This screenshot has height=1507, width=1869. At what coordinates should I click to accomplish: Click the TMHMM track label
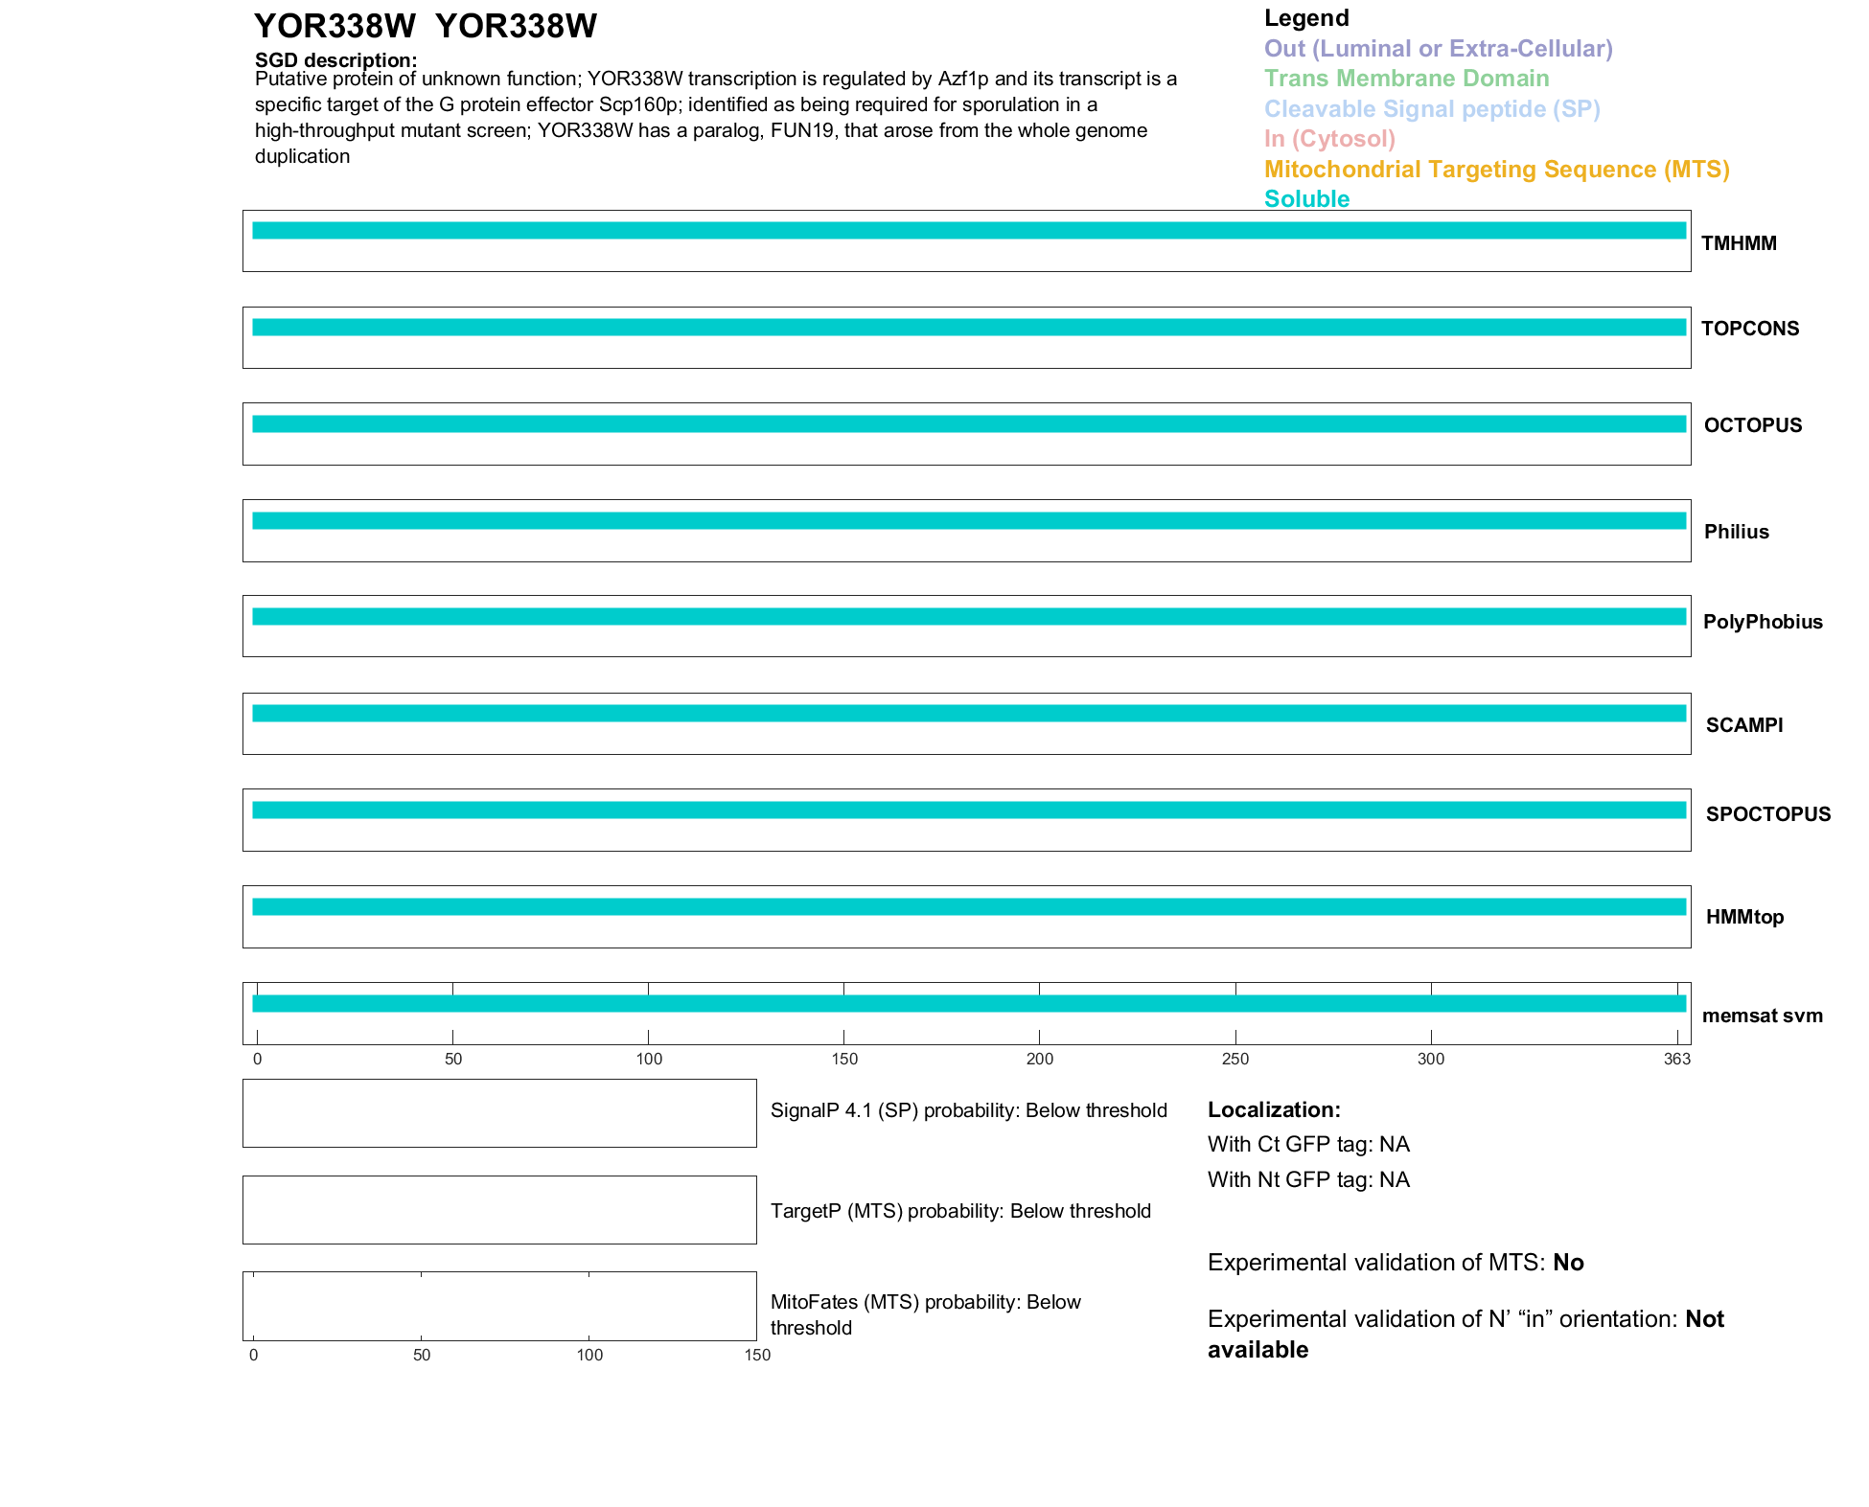click(1739, 243)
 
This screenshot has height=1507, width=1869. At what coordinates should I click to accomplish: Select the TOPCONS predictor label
click(1750, 329)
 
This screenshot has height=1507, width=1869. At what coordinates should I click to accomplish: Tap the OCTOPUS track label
click(1753, 425)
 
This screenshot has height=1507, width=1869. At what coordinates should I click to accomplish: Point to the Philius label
click(1736, 532)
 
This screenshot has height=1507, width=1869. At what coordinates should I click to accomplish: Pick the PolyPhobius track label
click(1763, 622)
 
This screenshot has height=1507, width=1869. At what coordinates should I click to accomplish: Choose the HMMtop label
click(1744, 917)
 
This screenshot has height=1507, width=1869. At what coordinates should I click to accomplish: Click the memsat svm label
click(1762, 1016)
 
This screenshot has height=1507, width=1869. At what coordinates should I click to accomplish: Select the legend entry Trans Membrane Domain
click(1406, 79)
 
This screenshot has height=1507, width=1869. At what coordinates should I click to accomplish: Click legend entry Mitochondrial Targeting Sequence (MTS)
click(1496, 170)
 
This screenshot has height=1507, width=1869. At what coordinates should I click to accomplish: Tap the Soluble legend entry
click(1306, 199)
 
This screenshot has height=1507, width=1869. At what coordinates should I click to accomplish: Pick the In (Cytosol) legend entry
click(1329, 139)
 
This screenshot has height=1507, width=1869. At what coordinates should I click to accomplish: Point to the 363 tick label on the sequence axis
click(1677, 1059)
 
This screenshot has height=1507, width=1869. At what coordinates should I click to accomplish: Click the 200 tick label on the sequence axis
click(1040, 1059)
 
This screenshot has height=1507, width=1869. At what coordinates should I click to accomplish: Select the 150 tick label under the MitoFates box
click(757, 1355)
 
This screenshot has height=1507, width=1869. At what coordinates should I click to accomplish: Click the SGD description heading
click(335, 60)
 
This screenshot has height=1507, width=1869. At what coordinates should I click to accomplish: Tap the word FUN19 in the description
click(801, 130)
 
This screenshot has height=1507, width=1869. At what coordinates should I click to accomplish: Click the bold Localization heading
click(1274, 1109)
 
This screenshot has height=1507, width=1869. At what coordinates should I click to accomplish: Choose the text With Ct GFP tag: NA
click(1308, 1144)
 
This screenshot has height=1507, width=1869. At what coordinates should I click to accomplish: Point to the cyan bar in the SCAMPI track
click(968, 713)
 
